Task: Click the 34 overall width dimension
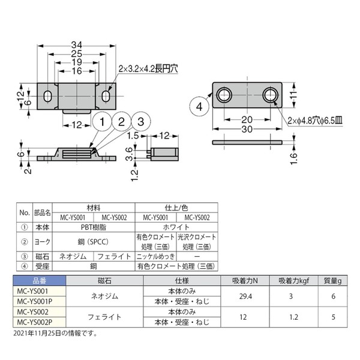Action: tap(76, 45)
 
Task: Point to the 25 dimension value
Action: tap(76, 54)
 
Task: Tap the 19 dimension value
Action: tap(77, 62)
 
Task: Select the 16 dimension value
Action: tap(77, 71)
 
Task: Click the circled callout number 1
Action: tap(102, 121)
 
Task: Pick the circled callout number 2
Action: tap(121, 121)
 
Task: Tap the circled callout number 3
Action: tap(141, 121)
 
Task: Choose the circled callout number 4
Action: tap(199, 107)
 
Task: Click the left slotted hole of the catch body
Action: tap(48, 96)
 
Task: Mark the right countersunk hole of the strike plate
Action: tap(270, 95)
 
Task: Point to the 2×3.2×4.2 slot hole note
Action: tap(148, 68)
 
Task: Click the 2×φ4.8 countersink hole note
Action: tap(315, 121)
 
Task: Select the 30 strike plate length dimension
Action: tap(247, 129)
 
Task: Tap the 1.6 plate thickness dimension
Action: tap(293, 158)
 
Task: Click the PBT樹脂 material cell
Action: tap(94, 227)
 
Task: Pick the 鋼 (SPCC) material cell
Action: tap(94, 242)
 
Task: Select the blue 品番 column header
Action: tap(39, 281)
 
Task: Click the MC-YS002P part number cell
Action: tap(35, 322)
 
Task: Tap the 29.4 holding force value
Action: tap(245, 296)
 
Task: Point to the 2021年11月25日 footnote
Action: tap(55, 333)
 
